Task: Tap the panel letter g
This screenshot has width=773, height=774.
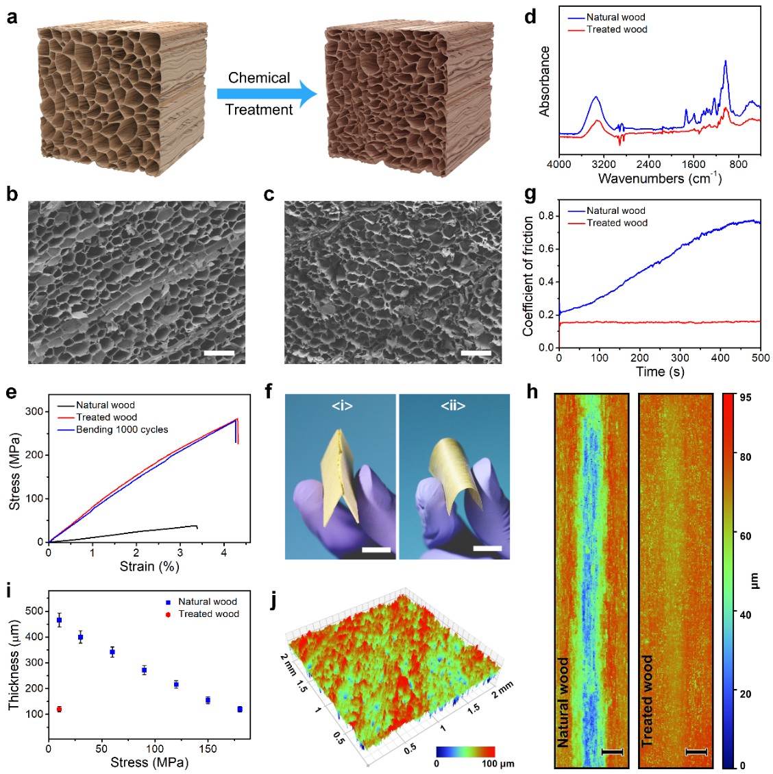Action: tap(530, 194)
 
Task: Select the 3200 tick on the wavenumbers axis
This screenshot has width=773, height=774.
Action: tap(604, 165)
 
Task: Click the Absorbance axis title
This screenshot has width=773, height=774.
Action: tap(545, 82)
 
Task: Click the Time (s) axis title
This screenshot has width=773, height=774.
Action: tap(659, 372)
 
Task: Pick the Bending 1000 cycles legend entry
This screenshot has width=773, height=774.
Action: tap(122, 430)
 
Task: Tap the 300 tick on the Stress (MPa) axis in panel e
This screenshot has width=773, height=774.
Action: tap(34, 411)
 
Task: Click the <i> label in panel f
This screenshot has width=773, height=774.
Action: tap(342, 406)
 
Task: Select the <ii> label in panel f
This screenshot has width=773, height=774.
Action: tap(453, 406)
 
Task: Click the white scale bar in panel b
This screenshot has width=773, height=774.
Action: tap(219, 353)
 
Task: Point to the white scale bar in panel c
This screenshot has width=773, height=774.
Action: tap(476, 353)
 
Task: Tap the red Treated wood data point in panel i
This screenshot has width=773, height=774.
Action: tap(59, 709)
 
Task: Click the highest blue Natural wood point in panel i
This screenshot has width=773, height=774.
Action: tap(59, 620)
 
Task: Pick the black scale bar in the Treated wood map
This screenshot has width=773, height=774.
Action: tap(696, 752)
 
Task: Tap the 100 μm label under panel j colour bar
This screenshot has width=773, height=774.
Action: tap(498, 763)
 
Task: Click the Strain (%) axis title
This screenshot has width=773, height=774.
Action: tap(149, 566)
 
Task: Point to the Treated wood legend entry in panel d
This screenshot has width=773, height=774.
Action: tap(617, 29)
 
